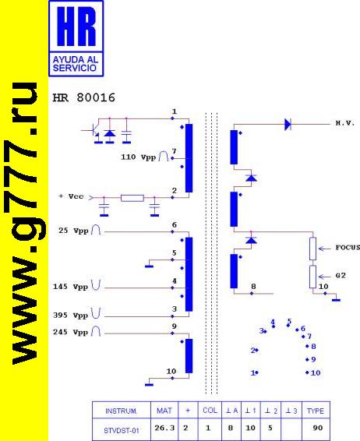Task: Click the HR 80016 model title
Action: [x=84, y=98]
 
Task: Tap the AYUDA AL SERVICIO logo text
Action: [x=76, y=64]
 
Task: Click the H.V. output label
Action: [x=345, y=123]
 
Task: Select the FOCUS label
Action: [x=348, y=248]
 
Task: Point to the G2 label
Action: [x=341, y=275]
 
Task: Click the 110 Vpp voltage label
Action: [x=139, y=157]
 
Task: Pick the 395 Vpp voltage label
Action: [x=71, y=316]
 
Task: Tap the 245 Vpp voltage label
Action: [x=71, y=332]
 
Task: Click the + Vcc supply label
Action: [x=71, y=196]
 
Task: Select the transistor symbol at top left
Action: [x=94, y=130]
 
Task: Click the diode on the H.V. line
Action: [x=288, y=124]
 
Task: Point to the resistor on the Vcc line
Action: [x=132, y=198]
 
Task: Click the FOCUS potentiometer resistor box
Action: [x=312, y=249]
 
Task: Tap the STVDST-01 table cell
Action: [x=122, y=431]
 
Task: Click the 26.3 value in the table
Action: [x=164, y=428]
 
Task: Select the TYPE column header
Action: [x=316, y=411]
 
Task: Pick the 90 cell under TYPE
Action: [x=317, y=428]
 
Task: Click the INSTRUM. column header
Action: [x=122, y=411]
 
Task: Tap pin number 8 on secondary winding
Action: [x=253, y=286]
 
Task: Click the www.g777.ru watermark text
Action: [x=25, y=224]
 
